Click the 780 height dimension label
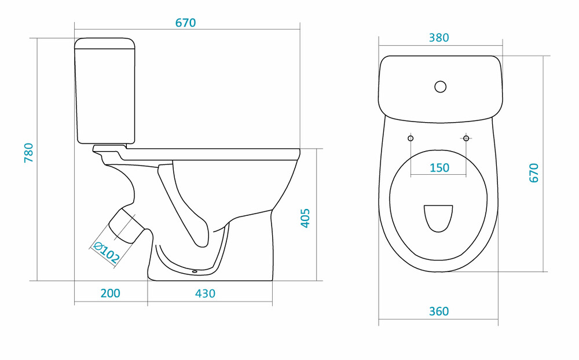click(29, 152)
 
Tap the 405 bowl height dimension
click(305, 218)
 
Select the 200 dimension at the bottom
click(111, 293)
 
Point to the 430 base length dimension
click(205, 293)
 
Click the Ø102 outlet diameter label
click(107, 252)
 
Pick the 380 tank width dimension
click(439, 38)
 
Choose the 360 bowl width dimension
click(439, 311)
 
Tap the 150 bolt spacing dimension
click(439, 168)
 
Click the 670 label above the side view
click(185, 23)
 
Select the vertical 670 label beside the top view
click(534, 173)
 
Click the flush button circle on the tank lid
click(440, 87)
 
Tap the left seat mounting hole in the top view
click(411, 138)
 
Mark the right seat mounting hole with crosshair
click(466, 138)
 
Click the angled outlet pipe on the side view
click(126, 226)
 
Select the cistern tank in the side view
click(105, 90)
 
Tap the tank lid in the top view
click(441, 89)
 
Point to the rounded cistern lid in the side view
click(105, 43)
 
